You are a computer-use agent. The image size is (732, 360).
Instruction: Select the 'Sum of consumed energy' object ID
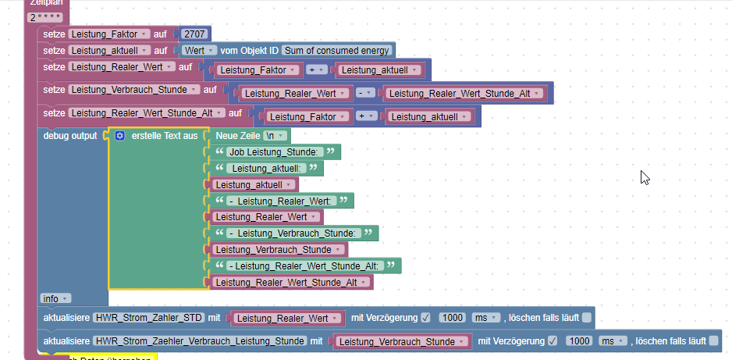pyautogui.click(x=336, y=51)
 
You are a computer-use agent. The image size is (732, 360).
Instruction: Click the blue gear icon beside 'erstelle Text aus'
pyautogui.click(x=120, y=136)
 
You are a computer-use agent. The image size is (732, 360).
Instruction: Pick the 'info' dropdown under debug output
pyautogui.click(x=55, y=298)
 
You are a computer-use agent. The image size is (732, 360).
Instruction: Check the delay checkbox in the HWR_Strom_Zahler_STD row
pyautogui.click(x=425, y=318)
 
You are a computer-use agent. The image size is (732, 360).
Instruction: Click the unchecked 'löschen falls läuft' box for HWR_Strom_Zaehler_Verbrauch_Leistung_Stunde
pyautogui.click(x=713, y=341)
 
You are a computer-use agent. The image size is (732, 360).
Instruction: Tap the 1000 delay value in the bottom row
pyautogui.click(x=578, y=341)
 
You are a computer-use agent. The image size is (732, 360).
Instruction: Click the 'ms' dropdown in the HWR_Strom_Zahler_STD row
pyautogui.click(x=484, y=318)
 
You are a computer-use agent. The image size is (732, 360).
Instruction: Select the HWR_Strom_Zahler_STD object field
pyautogui.click(x=148, y=318)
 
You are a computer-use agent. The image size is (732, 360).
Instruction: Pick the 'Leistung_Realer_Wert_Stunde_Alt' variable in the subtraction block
pyautogui.click(x=463, y=94)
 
